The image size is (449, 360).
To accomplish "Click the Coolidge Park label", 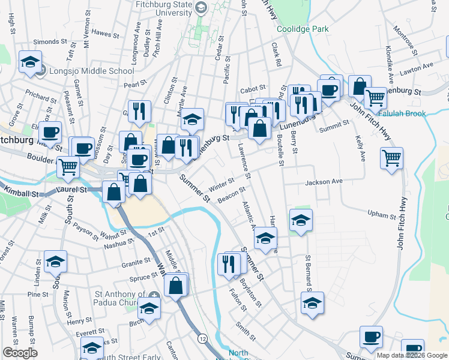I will [303, 29].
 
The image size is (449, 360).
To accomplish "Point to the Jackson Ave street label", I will [324, 181].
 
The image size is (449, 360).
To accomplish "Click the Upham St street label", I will [382, 215].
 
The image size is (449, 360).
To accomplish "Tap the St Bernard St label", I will [308, 272].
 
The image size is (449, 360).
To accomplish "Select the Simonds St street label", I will [50, 42].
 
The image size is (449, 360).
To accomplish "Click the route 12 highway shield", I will [203, 339].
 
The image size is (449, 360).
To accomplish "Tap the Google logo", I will [20, 353].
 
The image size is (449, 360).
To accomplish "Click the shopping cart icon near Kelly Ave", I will [391, 158].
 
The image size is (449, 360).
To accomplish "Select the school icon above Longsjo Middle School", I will [29, 62].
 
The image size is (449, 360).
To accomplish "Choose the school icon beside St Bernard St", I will [313, 304].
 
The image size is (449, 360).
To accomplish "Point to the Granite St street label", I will [136, 262].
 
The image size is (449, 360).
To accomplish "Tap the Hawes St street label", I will [102, 33].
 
